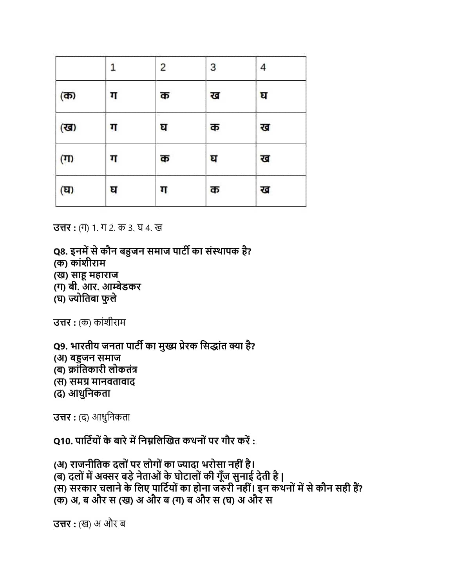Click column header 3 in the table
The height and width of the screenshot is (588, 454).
pyautogui.click(x=213, y=67)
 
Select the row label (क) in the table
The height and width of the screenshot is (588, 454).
pyautogui.click(x=68, y=96)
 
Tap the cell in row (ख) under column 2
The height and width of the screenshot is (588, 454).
pyautogui.click(x=164, y=127)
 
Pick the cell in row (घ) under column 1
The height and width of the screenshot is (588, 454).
pyautogui.click(x=114, y=190)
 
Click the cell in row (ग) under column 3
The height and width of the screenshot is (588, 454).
pyautogui.click(x=214, y=159)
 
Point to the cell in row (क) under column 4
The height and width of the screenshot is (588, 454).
pyautogui.click(x=264, y=96)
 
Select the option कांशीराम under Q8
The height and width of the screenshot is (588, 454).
pyautogui.click(x=88, y=263)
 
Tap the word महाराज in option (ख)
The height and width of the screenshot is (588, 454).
pyautogui.click(x=103, y=275)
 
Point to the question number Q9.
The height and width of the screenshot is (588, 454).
pyautogui.click(x=60, y=347)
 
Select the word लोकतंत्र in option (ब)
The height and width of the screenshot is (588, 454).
pyautogui.click(x=123, y=370)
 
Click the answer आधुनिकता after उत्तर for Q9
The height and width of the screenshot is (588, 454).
pyautogui.click(x=111, y=417)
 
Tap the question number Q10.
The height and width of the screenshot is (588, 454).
pyautogui.click(x=63, y=441)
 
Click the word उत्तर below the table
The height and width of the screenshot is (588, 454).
pyautogui.click(x=62, y=228)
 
